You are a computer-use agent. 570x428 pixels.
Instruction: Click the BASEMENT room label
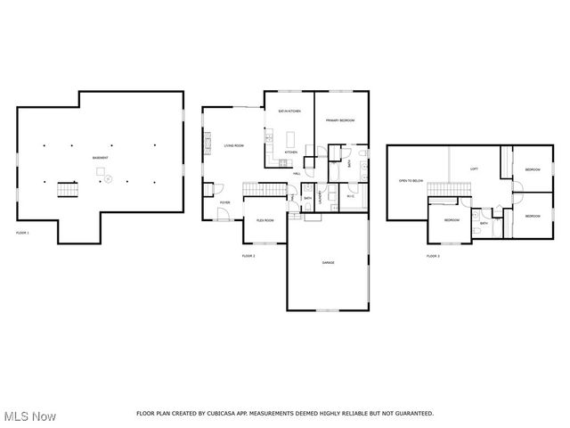pos(101,158)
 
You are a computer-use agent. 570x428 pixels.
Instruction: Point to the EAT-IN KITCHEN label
pos(289,111)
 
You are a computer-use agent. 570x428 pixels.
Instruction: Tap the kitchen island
pos(289,139)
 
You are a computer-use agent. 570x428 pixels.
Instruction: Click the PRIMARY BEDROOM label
pos(340,119)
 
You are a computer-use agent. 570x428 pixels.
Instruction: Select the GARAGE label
pos(328,263)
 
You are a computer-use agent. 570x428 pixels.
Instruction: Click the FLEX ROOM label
pos(265,219)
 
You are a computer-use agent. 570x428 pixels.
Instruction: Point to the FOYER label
pos(225,202)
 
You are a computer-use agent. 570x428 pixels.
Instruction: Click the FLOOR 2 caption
pos(248,256)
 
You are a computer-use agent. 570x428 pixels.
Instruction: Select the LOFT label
pos(474,169)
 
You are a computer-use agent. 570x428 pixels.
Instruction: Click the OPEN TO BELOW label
pos(411,179)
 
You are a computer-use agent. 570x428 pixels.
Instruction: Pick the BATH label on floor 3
pos(484,223)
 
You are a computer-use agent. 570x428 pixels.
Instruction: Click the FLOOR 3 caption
pos(432,256)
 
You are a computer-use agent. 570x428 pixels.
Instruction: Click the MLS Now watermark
pos(29,416)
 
